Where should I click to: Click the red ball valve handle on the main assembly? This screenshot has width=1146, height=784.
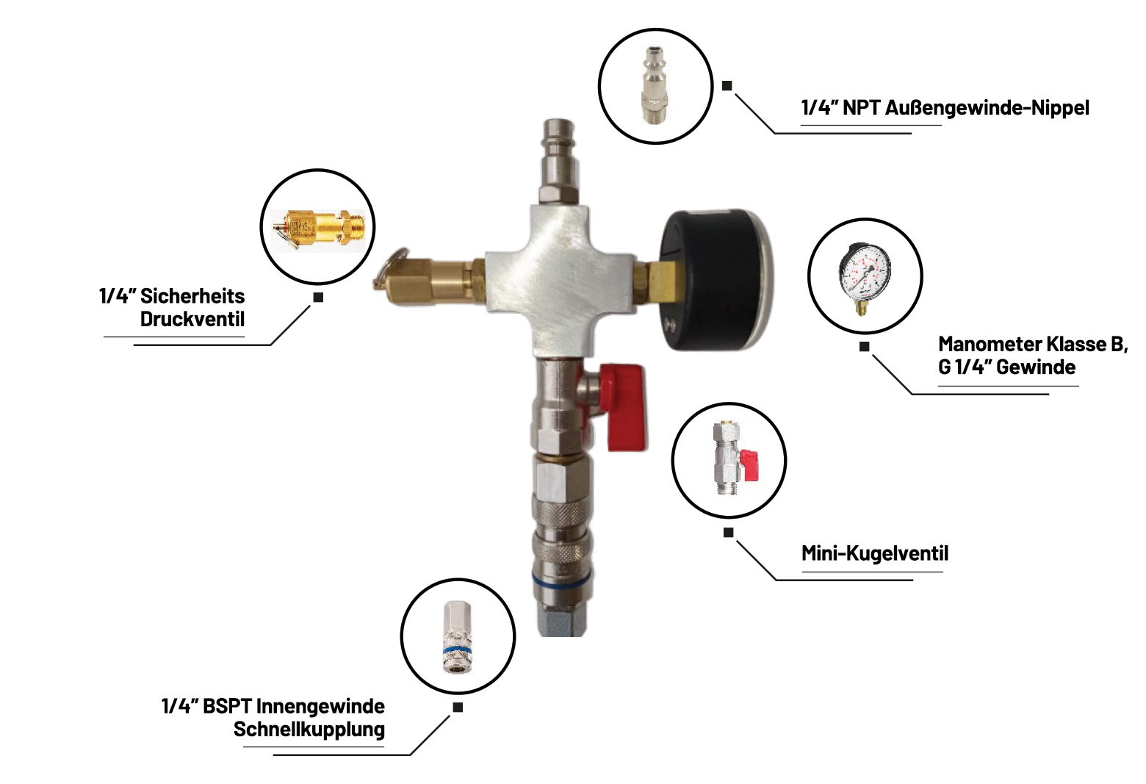[626, 407]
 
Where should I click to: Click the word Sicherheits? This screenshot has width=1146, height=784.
[192, 296]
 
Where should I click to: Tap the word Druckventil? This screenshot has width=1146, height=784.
[192, 319]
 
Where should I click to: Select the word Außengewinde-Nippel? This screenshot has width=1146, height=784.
[987, 108]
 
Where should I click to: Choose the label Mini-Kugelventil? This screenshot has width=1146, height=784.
[875, 553]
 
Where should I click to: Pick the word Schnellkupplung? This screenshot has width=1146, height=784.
[309, 729]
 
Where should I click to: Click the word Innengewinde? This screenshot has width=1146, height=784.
[320, 706]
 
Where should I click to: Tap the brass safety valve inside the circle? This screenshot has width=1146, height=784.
[318, 229]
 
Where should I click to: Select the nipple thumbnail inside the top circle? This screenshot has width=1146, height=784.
[655, 85]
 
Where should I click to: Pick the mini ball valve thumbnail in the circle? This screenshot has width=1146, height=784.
[735, 458]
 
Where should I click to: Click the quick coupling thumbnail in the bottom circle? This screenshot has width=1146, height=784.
[457, 636]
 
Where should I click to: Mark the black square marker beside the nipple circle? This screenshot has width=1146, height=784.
[727, 85]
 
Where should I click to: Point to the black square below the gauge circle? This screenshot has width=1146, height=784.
[864, 347]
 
